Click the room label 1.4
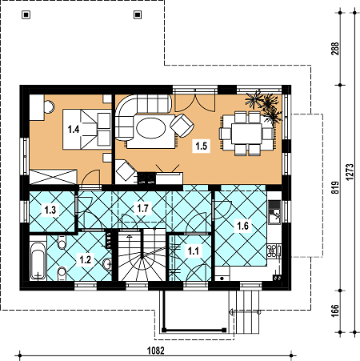pyautogui.click(x=74, y=130)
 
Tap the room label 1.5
pyautogui.click(x=202, y=146)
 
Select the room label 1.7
pyautogui.click(x=142, y=208)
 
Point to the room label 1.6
pyautogui.click(x=242, y=226)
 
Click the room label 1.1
pyautogui.click(x=194, y=251)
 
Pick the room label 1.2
pyautogui.click(x=86, y=259)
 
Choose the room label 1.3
pyautogui.click(x=50, y=210)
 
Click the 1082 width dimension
pyautogui.click(x=156, y=351)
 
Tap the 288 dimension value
pyautogui.click(x=335, y=49)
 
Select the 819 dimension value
pyautogui.click(x=335, y=187)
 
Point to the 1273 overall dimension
pyautogui.click(x=350, y=172)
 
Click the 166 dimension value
pyautogui.click(x=335, y=311)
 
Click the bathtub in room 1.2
pyautogui.click(x=38, y=261)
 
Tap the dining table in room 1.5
pyautogui.click(x=246, y=134)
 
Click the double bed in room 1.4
pyautogui.click(x=87, y=129)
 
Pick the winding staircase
pyautogui.click(x=142, y=256)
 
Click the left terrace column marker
pyautogui.click(x=26, y=15)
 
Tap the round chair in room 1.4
pyautogui.click(x=50, y=106)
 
